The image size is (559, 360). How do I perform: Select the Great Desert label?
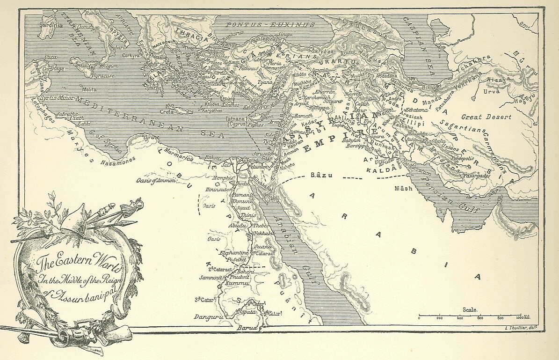click(x=486, y=117)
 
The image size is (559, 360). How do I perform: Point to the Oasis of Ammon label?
click(x=155, y=180)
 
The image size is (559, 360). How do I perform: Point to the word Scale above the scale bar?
click(x=469, y=309)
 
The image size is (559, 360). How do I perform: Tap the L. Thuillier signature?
click(x=523, y=327)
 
